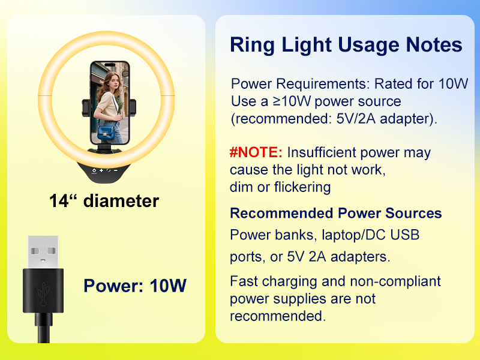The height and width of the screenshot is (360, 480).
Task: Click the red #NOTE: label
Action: coord(256,152)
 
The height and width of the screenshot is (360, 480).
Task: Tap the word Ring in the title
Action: coord(252,44)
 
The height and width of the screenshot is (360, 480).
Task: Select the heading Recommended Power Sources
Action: coord(336,213)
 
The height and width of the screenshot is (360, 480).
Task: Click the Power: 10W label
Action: coord(135,286)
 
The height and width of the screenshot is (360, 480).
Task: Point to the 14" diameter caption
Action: coord(104,201)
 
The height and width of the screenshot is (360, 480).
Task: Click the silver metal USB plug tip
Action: coord(43,252)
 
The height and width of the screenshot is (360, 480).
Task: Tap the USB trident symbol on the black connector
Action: coord(43,294)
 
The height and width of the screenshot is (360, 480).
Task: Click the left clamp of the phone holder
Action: coord(86,108)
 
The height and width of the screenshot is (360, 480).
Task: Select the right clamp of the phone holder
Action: coord(133,108)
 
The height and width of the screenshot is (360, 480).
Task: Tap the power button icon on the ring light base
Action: coord(94,170)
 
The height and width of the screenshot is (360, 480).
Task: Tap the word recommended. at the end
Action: coord(278,316)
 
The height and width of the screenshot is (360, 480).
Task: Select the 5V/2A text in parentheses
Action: coord(356,119)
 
